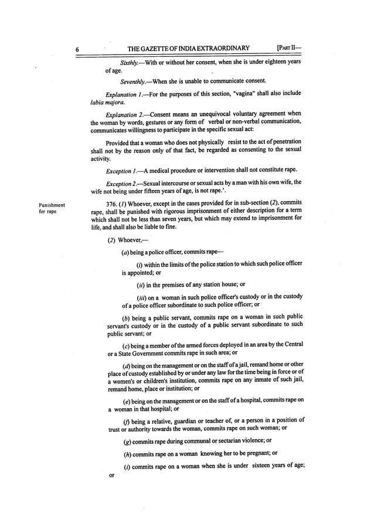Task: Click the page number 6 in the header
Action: [77, 49]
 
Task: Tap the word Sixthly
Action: [130, 62]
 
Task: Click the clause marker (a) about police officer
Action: [125, 252]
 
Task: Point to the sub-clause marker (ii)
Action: [140, 284]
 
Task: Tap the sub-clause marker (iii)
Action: [141, 297]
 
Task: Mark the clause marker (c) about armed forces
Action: [125, 344]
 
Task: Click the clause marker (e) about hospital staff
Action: [125, 400]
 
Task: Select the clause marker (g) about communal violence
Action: [125, 440]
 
